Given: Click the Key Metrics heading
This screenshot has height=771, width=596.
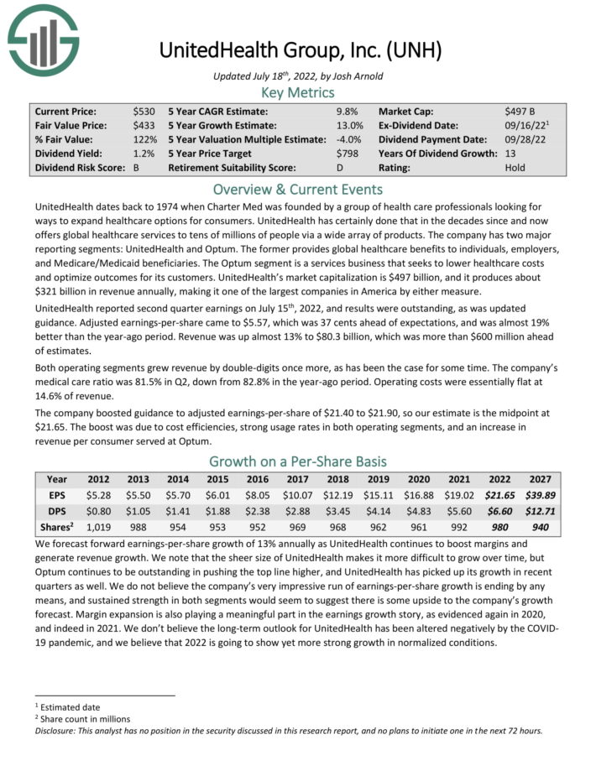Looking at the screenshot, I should pyautogui.click(x=297, y=92).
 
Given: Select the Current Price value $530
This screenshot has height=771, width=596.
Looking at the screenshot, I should pyautogui.click(x=144, y=111).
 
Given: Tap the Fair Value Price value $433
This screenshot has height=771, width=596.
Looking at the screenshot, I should pyautogui.click(x=144, y=125).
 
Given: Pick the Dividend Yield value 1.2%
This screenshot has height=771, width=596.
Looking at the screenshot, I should pyautogui.click(x=144, y=154).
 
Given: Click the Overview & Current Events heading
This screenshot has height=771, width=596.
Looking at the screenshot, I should pyautogui.click(x=297, y=189).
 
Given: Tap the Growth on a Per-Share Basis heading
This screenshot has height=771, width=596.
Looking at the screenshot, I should pyautogui.click(x=297, y=461).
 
